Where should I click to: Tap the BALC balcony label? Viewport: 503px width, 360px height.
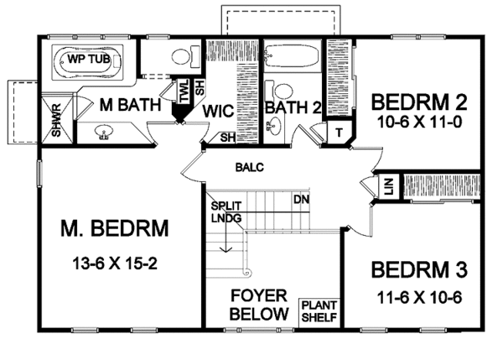click(x=249, y=167)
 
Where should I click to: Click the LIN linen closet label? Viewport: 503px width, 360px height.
click(x=388, y=185)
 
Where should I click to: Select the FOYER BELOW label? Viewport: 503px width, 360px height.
click(x=260, y=305)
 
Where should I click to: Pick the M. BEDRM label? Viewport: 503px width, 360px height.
click(x=116, y=228)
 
